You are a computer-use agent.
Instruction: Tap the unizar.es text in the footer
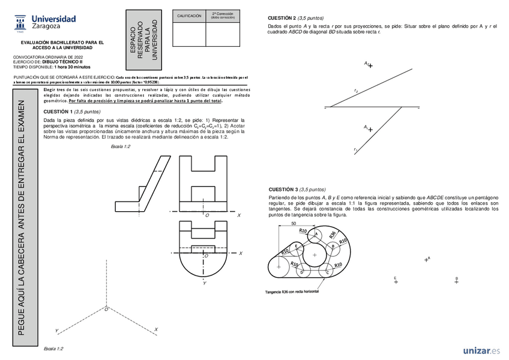pos(481,350)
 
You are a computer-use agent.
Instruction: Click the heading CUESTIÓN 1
pos(58,112)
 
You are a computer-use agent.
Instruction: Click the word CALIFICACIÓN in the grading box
pos(188,16)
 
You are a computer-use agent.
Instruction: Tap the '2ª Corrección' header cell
pos(221,14)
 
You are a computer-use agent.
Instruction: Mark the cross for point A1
pos(370,130)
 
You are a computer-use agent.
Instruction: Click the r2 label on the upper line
pos(356,91)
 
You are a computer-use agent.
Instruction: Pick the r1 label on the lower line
pos(355,149)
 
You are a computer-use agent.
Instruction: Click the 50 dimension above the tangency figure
pos(294,223)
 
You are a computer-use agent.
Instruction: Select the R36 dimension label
pos(332,236)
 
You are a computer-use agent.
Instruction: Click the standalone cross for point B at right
pos(457,282)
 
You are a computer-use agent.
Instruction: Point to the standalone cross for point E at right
pos(396,282)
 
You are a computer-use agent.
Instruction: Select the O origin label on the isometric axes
pos(106,309)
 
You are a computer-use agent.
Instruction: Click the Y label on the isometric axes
pos(56,331)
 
